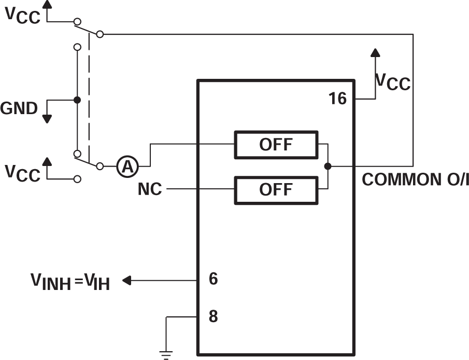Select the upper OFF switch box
coord(276,145)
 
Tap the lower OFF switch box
coord(276,189)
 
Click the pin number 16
coord(337,99)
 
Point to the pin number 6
coord(213,280)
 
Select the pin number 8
coord(213,316)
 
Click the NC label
coord(149,190)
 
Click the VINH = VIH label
coord(69,282)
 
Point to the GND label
coord(19,108)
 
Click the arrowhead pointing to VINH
coord(127,281)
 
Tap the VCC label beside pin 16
coord(392,82)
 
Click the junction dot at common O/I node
coord(328,167)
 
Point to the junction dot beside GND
coord(77,100)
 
